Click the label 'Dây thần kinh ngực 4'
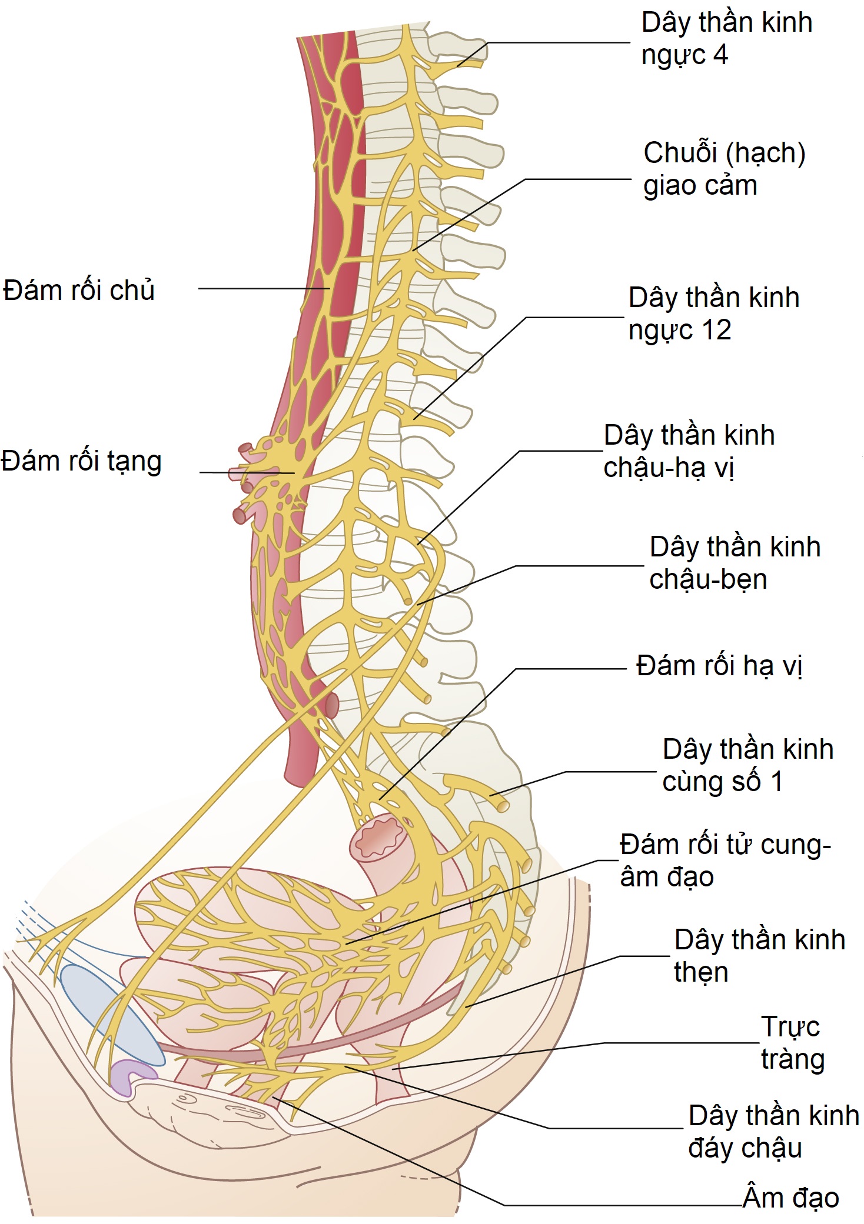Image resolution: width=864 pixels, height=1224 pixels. [726, 39]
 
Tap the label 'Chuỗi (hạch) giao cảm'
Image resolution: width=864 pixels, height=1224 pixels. [724, 169]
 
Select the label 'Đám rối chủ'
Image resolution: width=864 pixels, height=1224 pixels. [79, 291]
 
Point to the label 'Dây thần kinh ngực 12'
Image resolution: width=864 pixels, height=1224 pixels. [713, 313]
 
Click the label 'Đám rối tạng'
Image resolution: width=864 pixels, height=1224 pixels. [81, 461]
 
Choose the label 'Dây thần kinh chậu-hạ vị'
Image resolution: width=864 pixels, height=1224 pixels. [689, 451]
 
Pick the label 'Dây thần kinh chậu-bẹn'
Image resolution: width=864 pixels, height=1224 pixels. [735, 563]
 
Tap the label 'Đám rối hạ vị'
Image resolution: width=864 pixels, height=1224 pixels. [719, 666]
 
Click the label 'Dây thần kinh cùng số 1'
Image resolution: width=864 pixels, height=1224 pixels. [747, 765]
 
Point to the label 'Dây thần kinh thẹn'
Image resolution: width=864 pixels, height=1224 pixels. [759, 956]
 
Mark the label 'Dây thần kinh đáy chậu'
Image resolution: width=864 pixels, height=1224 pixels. [773, 1132]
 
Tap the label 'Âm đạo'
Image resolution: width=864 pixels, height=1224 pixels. [790, 1198]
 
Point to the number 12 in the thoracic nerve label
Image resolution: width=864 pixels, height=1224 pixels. [716, 330]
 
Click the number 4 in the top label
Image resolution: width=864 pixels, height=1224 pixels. [720, 55]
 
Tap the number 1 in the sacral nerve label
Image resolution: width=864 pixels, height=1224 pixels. [777, 782]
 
